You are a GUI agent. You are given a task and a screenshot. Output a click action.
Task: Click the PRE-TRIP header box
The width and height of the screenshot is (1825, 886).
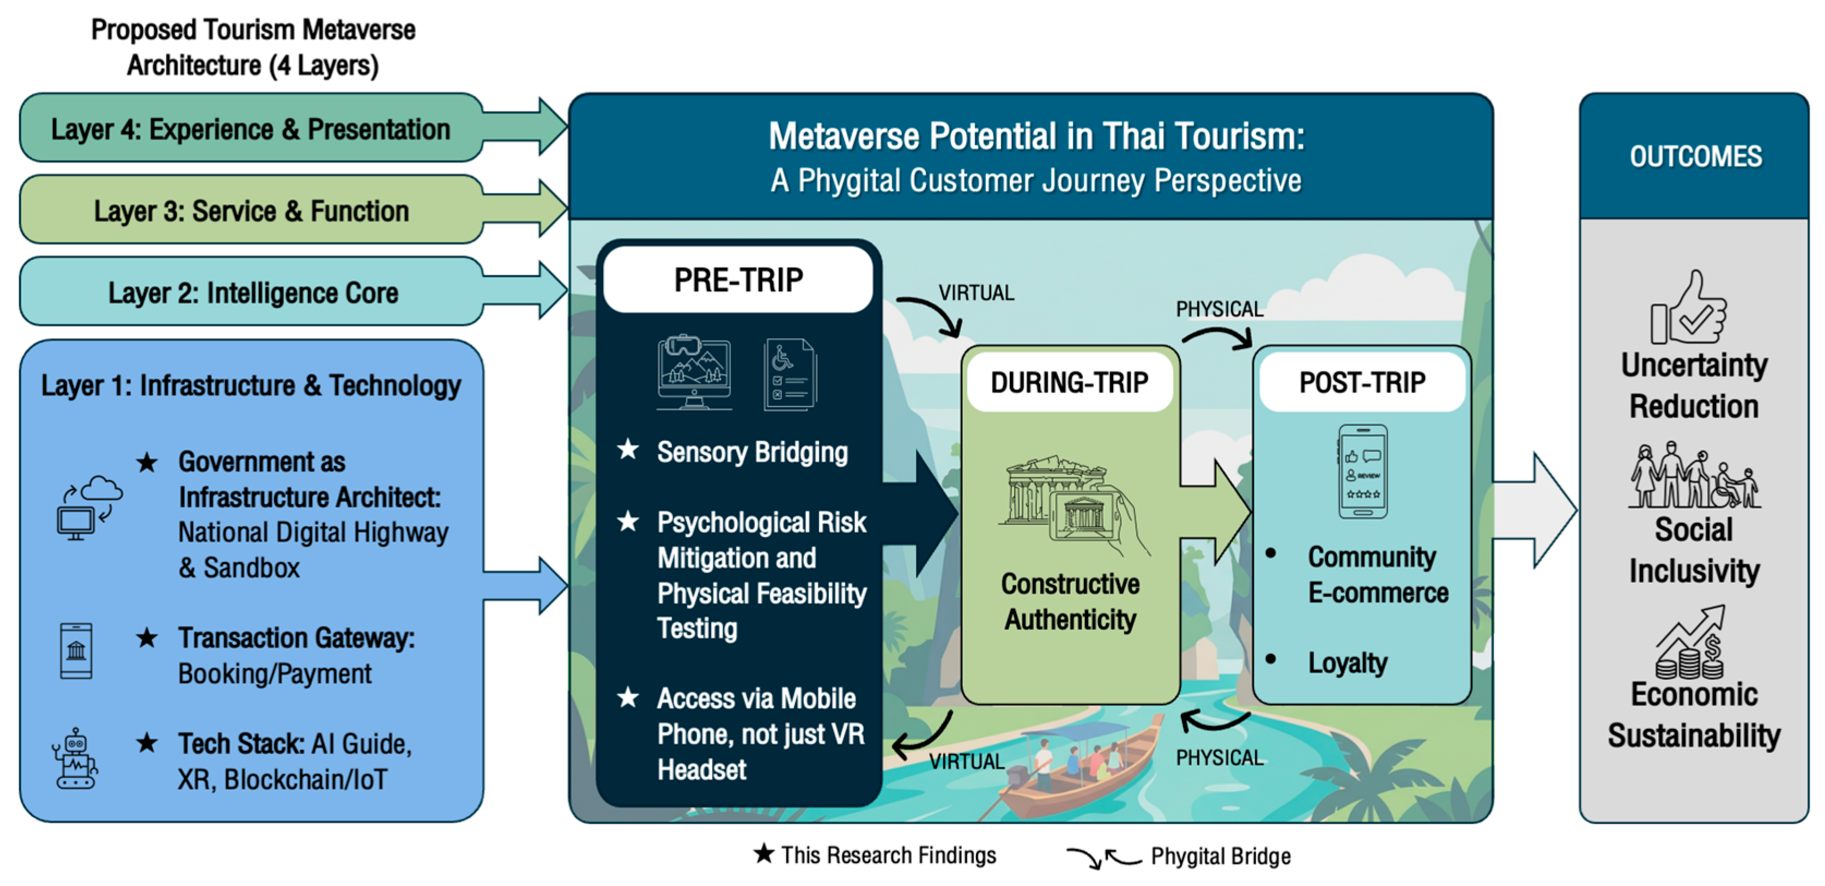point(738,279)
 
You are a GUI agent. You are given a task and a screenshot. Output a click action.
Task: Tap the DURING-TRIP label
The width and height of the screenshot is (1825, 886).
point(1070,383)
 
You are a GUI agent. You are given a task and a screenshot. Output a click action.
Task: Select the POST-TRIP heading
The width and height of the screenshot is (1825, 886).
point(1362,383)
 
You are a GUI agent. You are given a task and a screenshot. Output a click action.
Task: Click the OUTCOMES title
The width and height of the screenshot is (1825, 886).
point(1695,156)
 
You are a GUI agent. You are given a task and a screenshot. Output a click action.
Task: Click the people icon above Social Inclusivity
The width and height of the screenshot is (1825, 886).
point(1694,475)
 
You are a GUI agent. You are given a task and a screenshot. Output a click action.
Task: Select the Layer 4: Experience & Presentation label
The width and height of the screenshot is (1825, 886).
point(251,129)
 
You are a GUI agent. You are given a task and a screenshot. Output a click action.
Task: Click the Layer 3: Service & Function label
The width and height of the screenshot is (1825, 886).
point(252,210)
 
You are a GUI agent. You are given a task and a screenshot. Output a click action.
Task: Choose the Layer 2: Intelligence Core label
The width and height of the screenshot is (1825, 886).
point(253,292)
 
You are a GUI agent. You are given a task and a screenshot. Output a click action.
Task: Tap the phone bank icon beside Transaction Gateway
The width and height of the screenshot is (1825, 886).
point(76,650)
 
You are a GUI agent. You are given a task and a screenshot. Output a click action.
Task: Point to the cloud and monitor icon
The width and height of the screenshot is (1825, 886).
point(89,508)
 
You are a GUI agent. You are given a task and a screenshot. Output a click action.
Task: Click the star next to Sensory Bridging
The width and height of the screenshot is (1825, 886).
point(628,449)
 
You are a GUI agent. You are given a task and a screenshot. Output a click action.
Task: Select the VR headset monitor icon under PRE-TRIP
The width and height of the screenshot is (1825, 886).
point(694,372)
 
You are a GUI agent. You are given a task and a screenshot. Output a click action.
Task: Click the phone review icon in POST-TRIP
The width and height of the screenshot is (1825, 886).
point(1362,471)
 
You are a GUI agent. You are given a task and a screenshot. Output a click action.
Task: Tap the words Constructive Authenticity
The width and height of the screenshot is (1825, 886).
point(1070,601)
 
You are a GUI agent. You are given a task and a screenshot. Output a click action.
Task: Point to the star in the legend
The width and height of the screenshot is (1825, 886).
point(763,853)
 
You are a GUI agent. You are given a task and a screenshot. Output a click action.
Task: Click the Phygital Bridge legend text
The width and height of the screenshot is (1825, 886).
point(1221,855)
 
